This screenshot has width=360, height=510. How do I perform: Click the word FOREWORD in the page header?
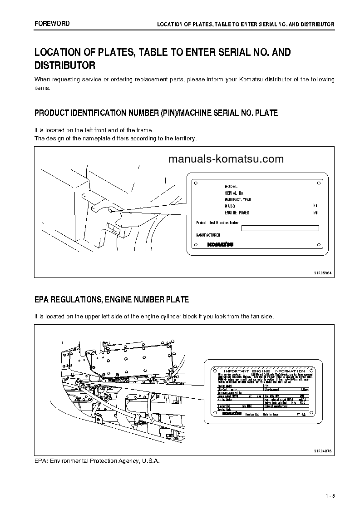[x=52, y=23]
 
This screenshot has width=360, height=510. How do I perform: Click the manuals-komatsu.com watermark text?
[x=226, y=159]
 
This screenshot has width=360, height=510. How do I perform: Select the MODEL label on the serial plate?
[x=231, y=187]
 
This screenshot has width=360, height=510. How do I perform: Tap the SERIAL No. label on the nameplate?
[x=234, y=193]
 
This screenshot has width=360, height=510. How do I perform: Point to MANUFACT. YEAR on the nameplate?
[x=238, y=200]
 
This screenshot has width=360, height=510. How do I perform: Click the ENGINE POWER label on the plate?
[x=237, y=213]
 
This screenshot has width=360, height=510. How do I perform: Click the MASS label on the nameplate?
[x=230, y=206]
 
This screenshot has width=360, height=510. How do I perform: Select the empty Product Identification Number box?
[x=280, y=228]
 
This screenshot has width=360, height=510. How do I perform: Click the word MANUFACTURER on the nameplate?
[x=208, y=235]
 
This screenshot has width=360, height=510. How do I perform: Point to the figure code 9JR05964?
[x=323, y=272]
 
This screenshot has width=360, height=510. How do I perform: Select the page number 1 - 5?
[x=330, y=495]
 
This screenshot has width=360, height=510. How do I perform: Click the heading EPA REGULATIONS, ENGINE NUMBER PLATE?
[x=112, y=300]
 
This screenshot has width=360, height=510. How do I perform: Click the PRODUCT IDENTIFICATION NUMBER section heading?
[x=156, y=113]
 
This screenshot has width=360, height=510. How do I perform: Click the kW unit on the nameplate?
[x=316, y=213]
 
